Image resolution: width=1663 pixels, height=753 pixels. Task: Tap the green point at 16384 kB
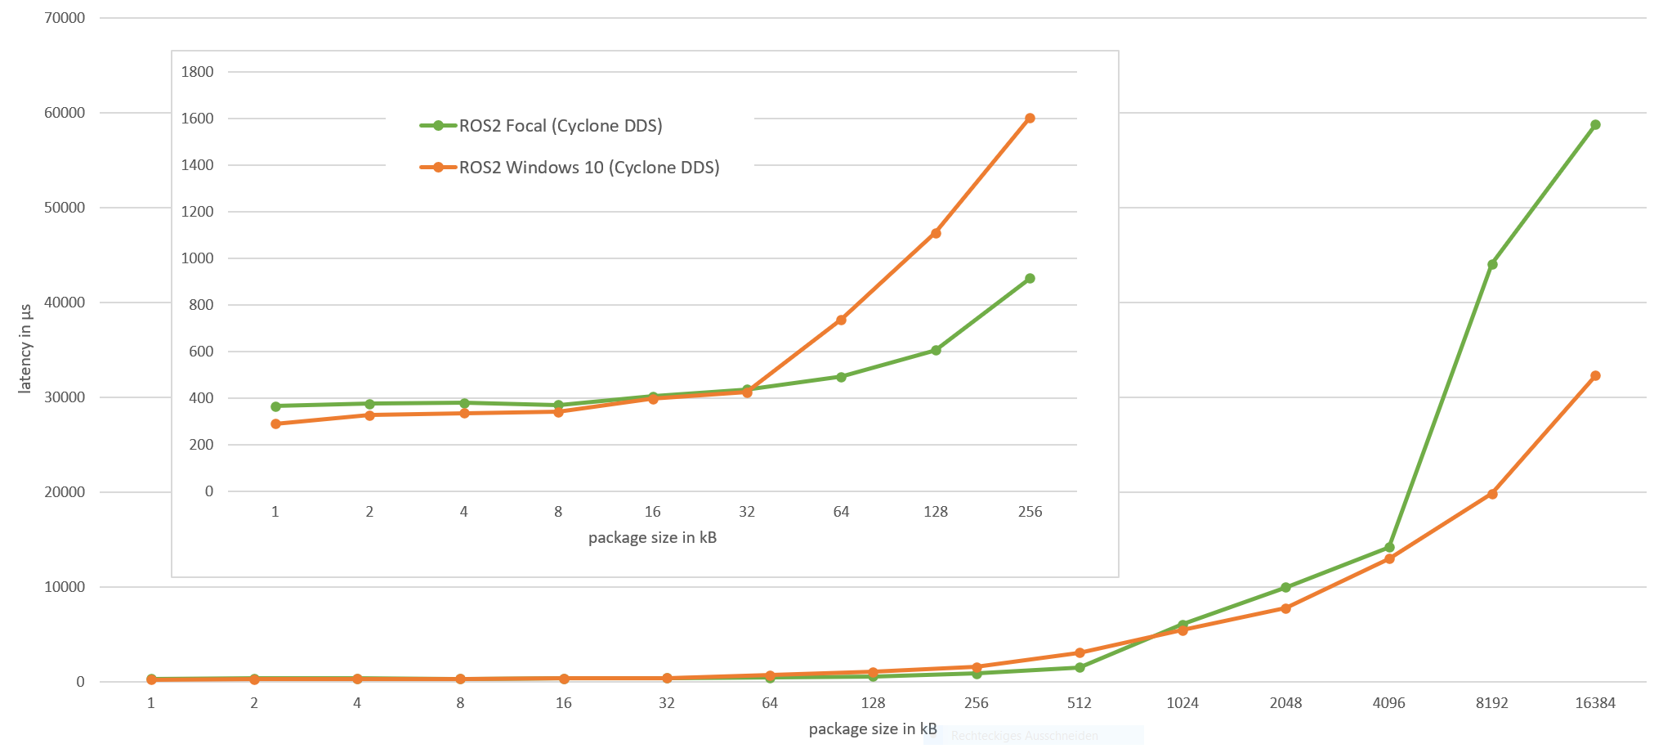coord(1595,125)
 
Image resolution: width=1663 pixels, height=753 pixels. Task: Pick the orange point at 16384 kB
coord(1595,376)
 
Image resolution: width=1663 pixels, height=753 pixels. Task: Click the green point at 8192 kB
coord(1492,265)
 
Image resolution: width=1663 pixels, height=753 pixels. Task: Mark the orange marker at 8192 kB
coord(1492,494)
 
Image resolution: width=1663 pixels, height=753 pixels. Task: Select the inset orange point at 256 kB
coord(1030,119)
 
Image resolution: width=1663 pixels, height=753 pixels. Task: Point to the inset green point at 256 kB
coord(1030,279)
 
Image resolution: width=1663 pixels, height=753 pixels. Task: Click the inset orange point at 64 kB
coord(841,320)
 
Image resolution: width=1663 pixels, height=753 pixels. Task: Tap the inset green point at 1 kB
coord(275,406)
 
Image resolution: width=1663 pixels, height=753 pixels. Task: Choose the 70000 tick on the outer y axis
coord(65,18)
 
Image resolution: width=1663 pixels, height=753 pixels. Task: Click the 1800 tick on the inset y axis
coord(197,72)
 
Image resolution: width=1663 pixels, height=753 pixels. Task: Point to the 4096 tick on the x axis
coord(1388,703)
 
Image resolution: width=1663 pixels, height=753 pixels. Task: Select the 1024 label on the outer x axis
coord(1182,703)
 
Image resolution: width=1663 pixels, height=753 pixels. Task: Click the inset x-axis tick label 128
coord(936,512)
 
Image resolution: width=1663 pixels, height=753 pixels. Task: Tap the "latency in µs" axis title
coord(25,349)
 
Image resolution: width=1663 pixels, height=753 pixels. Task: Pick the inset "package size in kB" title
coord(652,538)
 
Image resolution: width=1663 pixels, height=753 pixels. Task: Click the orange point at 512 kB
coord(1080,653)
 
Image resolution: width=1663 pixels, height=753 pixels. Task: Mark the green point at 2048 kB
coord(1285,588)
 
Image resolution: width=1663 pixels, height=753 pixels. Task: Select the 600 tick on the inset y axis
coord(197,352)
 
